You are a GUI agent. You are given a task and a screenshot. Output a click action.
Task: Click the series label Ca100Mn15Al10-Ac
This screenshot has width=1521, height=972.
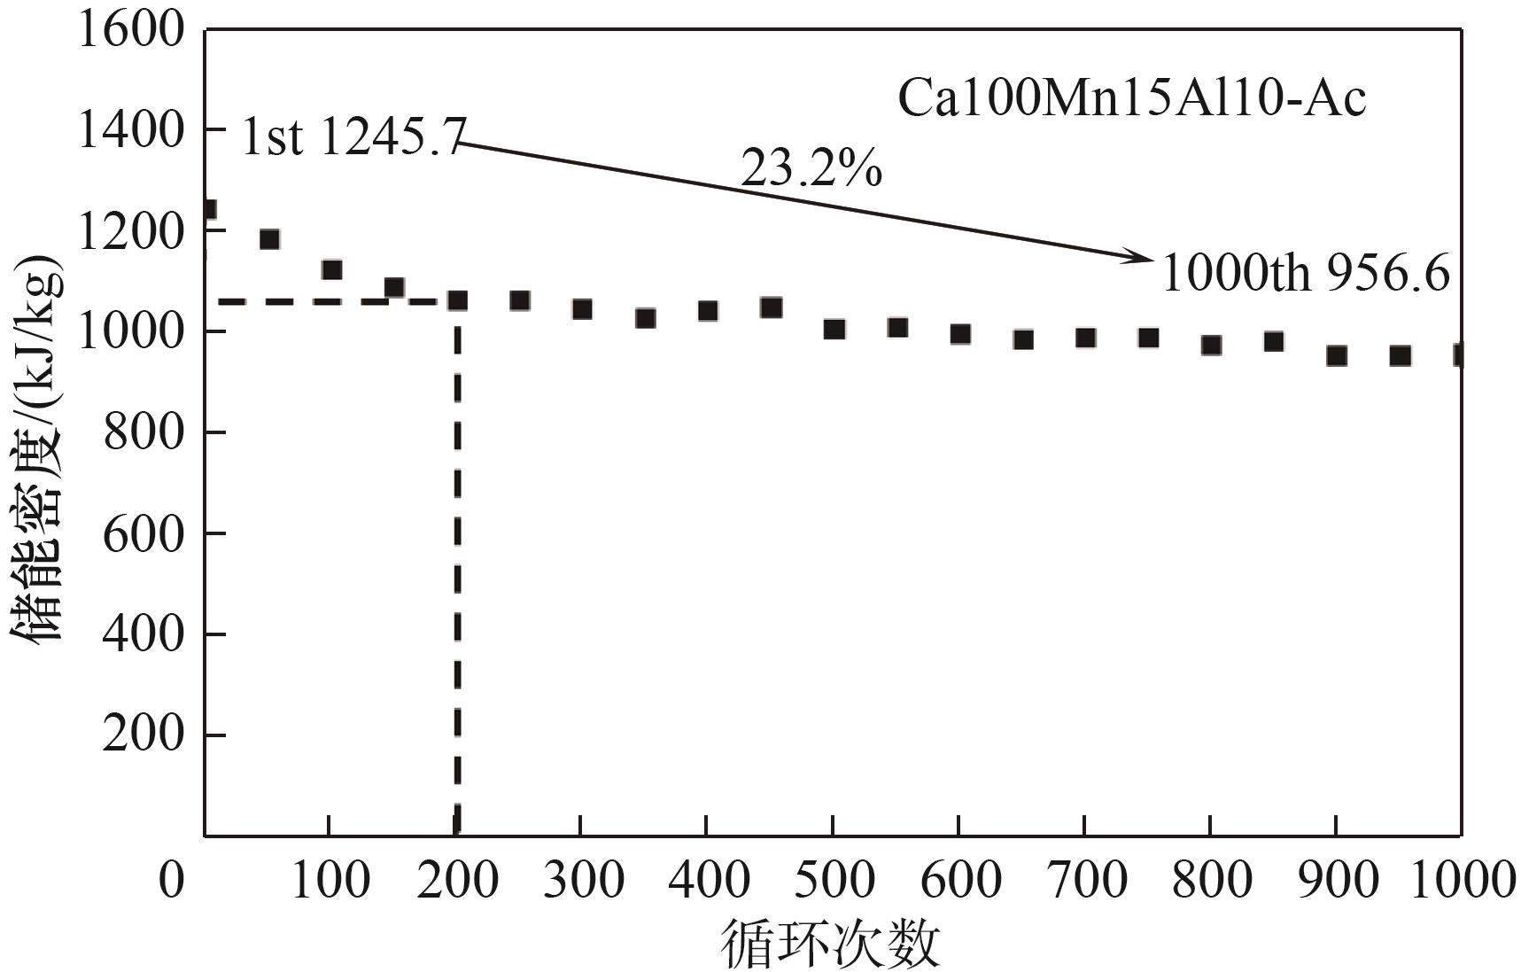pos(1131,98)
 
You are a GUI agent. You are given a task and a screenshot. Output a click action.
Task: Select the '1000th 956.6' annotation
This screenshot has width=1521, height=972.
pos(1305,273)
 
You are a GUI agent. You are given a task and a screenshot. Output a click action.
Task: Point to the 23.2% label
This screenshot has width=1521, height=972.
pos(811,167)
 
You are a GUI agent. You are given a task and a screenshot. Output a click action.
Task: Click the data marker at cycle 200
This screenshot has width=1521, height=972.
pos(457,300)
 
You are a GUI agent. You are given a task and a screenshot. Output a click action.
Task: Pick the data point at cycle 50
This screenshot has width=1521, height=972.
pos(269,239)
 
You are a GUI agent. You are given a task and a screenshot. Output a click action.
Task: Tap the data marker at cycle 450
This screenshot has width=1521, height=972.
pos(771,307)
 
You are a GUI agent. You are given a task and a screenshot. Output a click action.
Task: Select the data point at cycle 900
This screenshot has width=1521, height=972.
pos(1337,356)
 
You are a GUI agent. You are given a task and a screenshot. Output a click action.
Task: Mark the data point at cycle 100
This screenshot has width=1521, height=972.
pos(332,269)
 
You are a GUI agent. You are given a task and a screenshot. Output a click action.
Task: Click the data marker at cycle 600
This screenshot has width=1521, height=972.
pos(960,334)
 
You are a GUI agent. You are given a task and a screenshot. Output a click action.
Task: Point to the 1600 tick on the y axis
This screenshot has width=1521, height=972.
pos(131,29)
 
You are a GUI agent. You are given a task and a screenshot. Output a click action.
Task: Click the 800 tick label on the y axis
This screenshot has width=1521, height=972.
pos(143,432)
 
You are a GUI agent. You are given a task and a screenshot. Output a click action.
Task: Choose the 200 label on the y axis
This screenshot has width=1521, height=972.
pos(143,735)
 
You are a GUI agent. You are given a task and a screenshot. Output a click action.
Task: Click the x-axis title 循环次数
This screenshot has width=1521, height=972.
pos(831,943)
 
